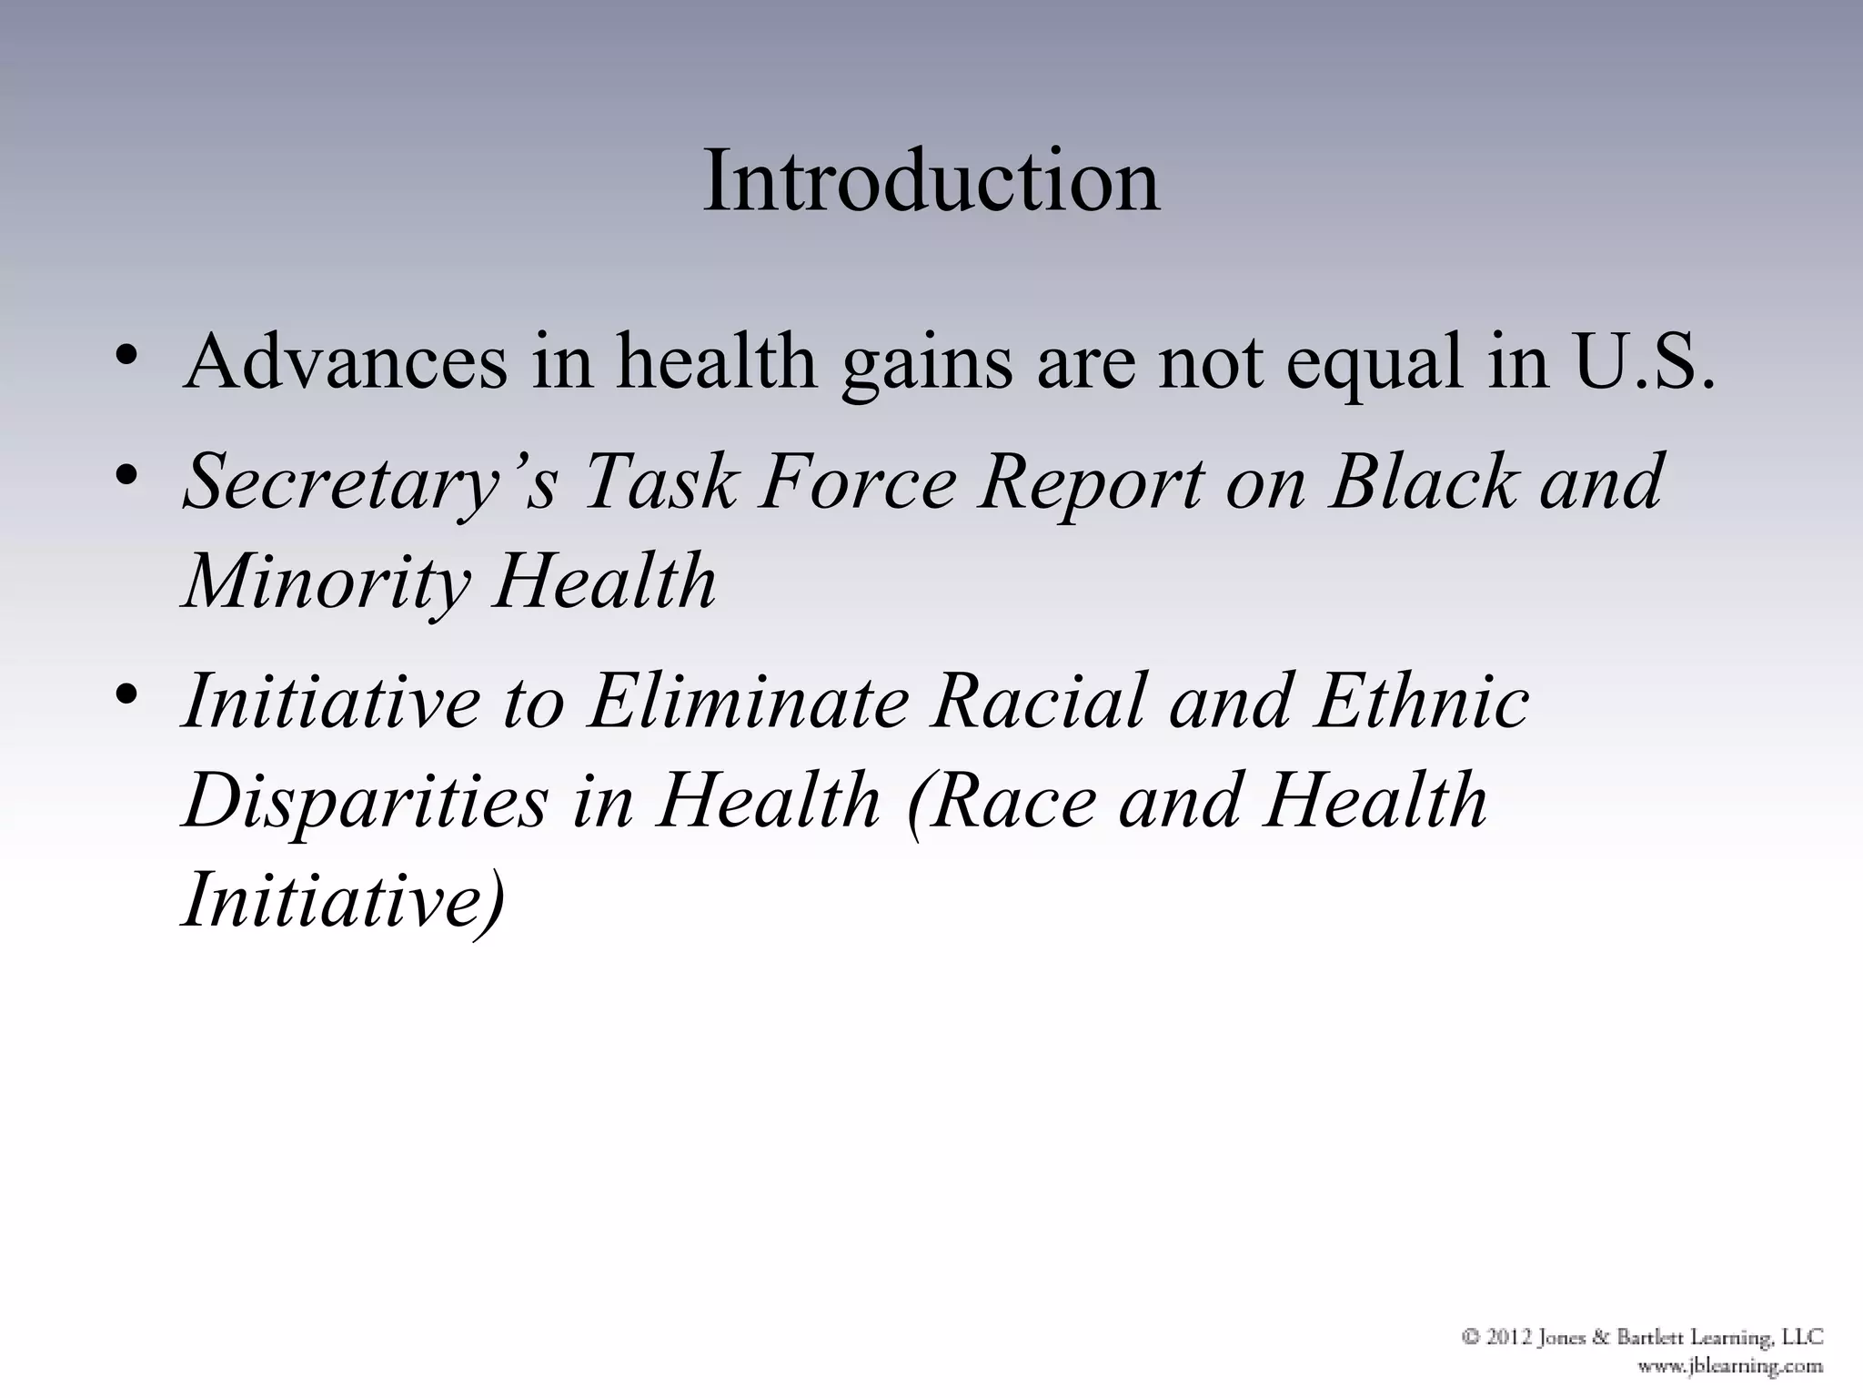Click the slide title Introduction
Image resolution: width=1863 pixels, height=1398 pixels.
coord(931,181)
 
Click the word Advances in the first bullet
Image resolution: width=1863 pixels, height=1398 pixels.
coord(346,363)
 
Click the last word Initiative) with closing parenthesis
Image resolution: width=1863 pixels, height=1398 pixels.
coord(343,901)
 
